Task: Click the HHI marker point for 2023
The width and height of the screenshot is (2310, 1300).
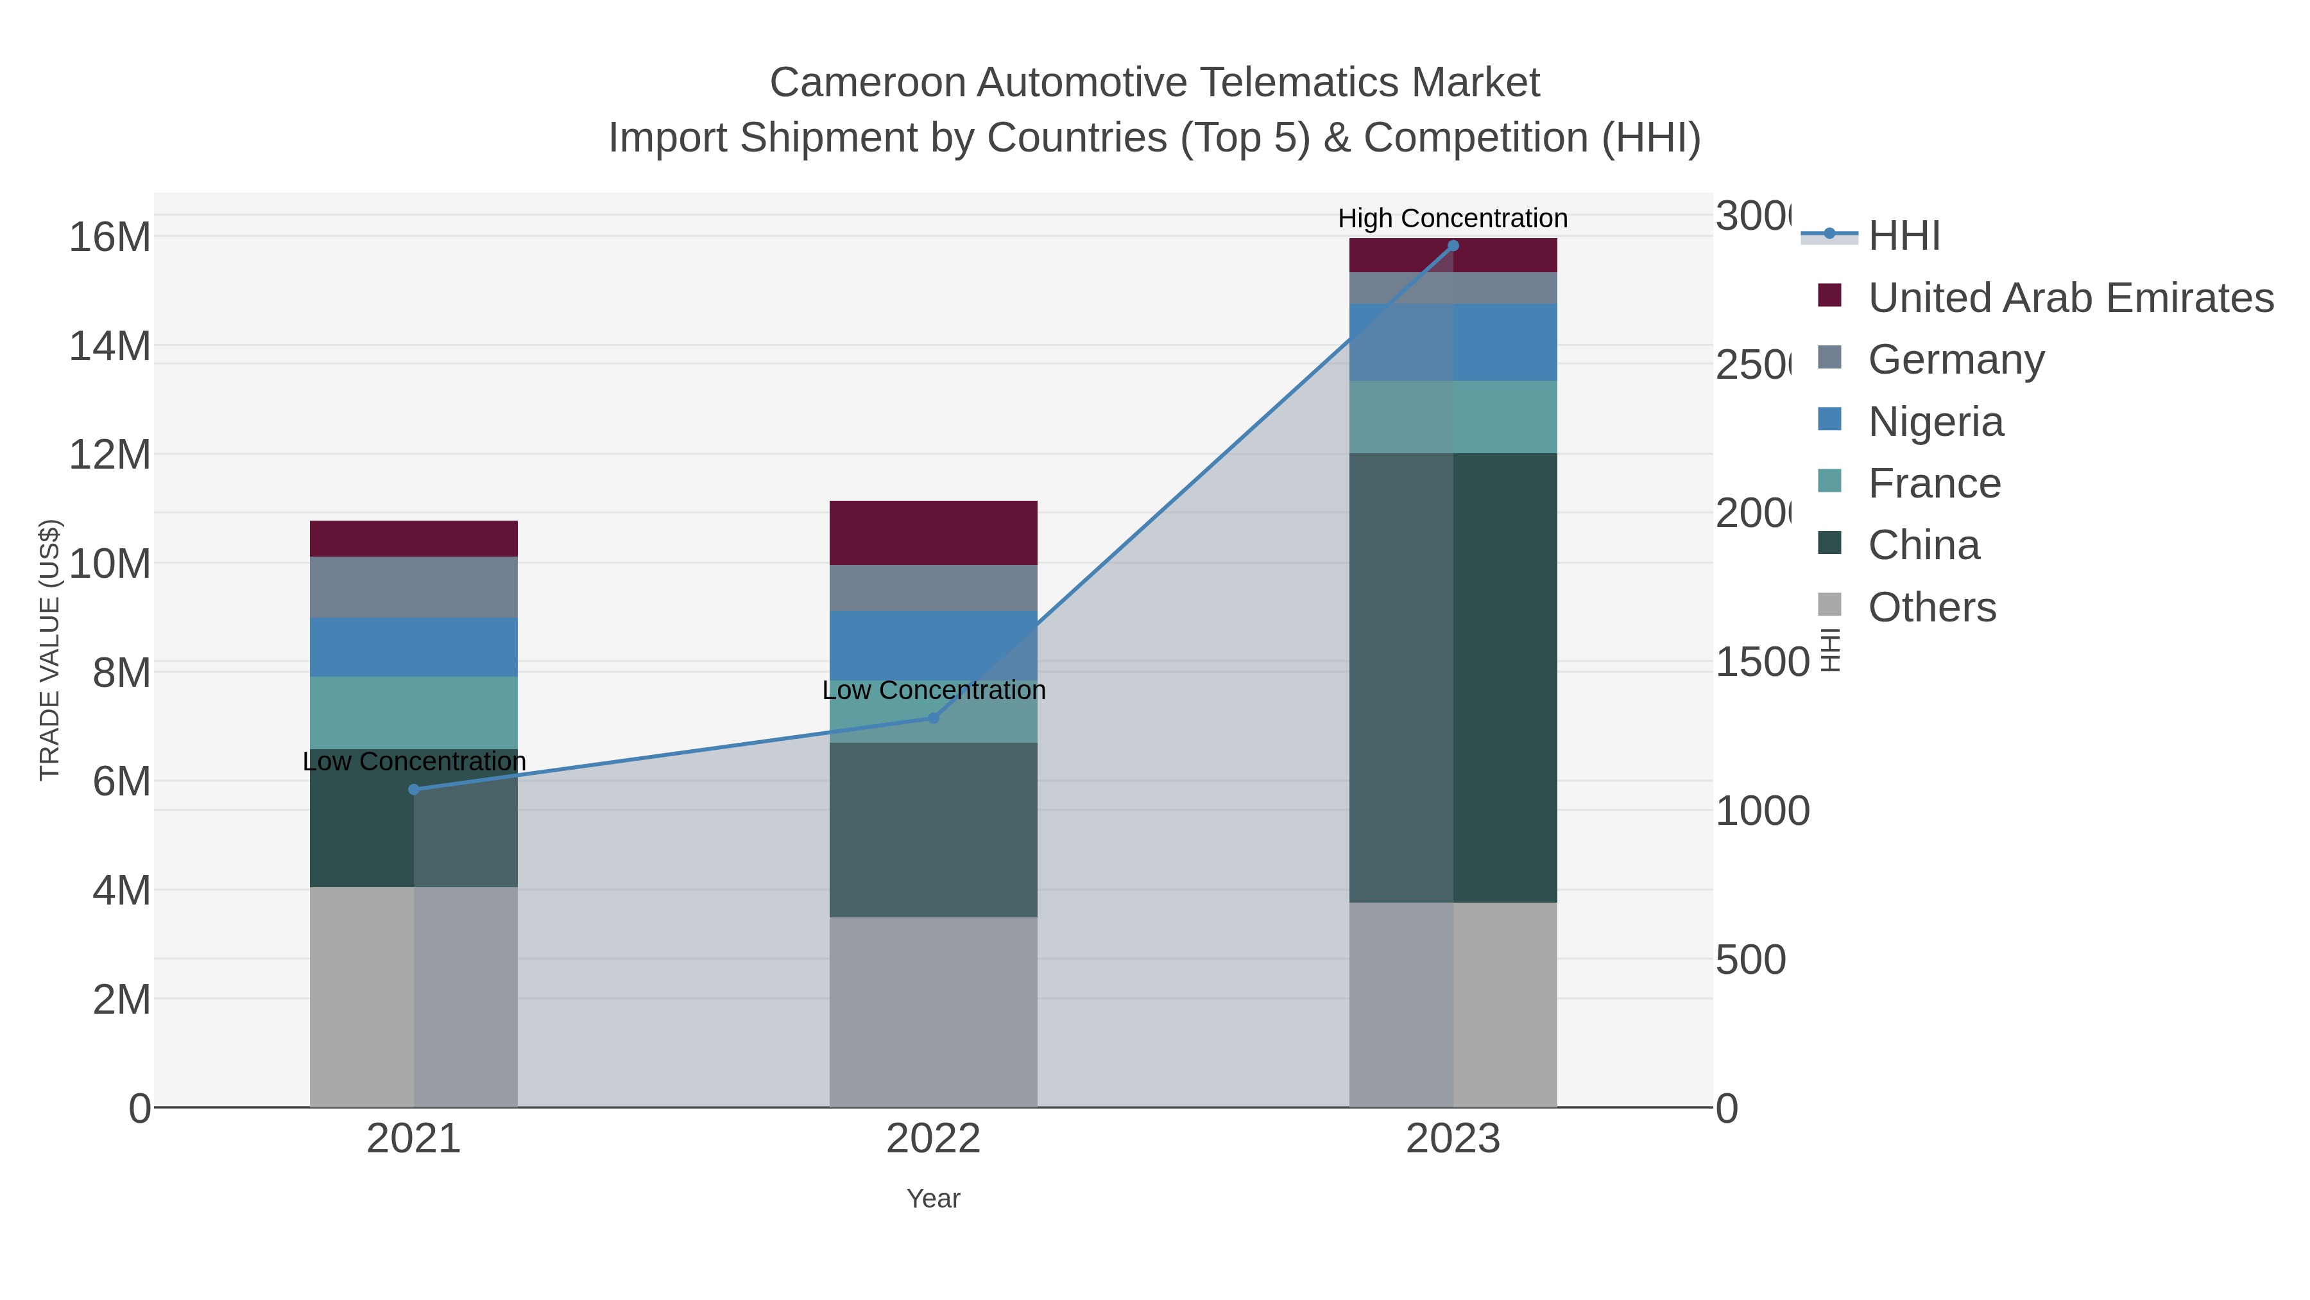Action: click(1453, 246)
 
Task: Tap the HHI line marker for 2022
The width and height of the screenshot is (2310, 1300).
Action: click(932, 718)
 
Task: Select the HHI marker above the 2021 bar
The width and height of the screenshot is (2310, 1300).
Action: click(413, 790)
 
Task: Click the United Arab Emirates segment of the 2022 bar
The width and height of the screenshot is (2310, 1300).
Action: click(932, 533)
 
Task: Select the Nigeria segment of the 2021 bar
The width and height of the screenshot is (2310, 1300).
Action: click(413, 647)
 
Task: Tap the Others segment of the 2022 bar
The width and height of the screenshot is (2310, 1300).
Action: click(932, 1012)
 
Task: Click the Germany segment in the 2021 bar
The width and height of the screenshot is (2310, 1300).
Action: click(413, 587)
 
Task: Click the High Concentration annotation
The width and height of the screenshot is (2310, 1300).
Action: click(1453, 218)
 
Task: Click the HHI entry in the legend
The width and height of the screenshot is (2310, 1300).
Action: click(1904, 236)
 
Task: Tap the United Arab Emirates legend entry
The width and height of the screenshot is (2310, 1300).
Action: click(2069, 297)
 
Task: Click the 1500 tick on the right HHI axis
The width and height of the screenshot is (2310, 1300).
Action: click(1761, 662)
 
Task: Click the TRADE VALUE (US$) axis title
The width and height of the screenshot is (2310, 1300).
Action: click(49, 650)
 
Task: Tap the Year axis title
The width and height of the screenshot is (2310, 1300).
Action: click(932, 1199)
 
